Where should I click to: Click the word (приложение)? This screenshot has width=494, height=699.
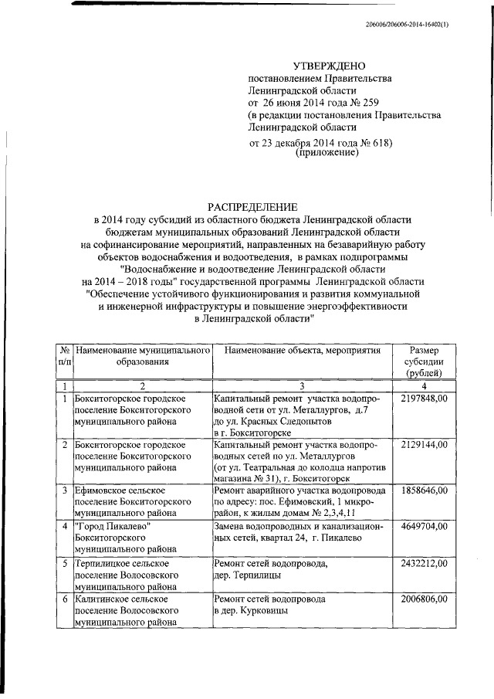point(327,154)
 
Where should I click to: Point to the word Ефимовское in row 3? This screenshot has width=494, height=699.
point(103,491)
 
